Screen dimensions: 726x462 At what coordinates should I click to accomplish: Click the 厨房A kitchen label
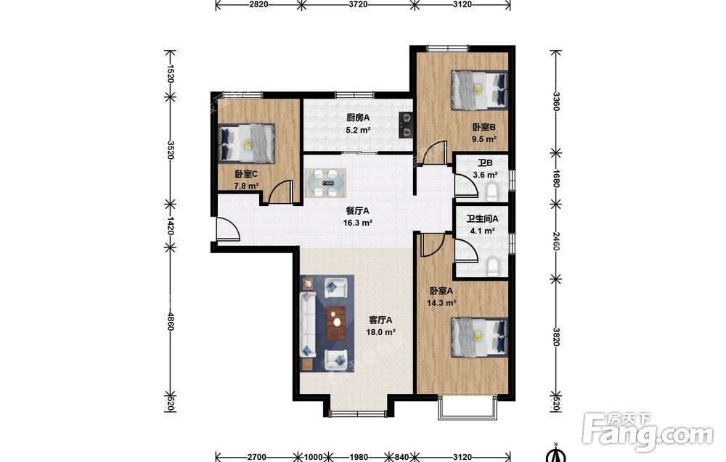click(359, 118)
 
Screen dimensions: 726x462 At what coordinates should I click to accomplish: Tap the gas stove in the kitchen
click(406, 125)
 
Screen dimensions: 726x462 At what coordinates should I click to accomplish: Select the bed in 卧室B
click(480, 90)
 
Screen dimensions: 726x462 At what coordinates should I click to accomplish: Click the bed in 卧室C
click(247, 144)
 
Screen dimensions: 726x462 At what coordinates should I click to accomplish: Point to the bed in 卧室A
click(480, 337)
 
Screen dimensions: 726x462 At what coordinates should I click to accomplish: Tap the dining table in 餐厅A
click(325, 183)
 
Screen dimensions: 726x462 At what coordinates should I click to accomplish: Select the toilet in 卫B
click(492, 191)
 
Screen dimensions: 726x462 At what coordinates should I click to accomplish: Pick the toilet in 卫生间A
click(492, 268)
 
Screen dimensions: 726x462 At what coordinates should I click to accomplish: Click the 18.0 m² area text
click(380, 332)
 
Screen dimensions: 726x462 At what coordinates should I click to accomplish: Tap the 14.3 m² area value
click(441, 303)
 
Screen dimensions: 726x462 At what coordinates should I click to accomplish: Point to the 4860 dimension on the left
click(171, 321)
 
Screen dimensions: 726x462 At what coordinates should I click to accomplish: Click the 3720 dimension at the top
click(358, 4)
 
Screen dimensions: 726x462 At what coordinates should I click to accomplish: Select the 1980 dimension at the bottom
click(359, 458)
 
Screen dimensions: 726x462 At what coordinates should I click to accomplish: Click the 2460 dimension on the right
click(556, 242)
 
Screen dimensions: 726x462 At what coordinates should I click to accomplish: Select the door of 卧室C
click(280, 191)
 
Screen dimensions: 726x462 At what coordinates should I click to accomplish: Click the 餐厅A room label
click(357, 211)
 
